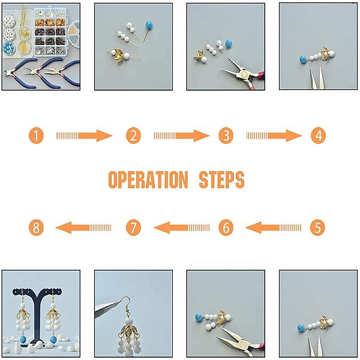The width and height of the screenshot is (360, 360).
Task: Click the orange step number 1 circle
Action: coord(36,136)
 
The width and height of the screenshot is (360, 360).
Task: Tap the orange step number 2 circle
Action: coord(133,136)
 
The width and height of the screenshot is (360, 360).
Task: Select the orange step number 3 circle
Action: coord(226,136)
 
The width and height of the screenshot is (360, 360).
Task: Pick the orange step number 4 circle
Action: coord(318,136)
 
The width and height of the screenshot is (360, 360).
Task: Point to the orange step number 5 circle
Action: coord(317,227)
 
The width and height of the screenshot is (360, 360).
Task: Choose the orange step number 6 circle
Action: coord(226,227)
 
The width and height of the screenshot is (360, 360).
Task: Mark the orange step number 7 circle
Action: coord(133,227)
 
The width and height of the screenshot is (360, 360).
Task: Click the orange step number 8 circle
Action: coord(36,227)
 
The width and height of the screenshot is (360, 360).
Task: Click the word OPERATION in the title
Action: coord(148,179)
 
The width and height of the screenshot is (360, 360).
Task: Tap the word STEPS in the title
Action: coord(221,179)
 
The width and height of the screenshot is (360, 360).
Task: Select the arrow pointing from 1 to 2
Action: coord(84,136)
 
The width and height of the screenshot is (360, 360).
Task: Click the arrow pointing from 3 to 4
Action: coord(274,136)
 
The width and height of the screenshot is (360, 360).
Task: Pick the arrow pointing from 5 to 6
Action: coord(273,227)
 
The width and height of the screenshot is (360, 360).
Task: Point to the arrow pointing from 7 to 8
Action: coord(83,227)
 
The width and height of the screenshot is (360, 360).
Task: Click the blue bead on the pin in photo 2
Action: coord(149,25)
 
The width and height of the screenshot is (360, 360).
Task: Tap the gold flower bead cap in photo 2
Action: coord(119,56)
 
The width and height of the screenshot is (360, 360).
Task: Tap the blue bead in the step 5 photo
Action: coord(302,328)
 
